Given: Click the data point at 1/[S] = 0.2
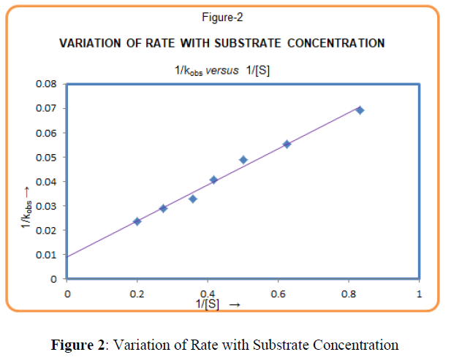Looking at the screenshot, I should [137, 221].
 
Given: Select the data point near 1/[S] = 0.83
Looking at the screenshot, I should [360, 110].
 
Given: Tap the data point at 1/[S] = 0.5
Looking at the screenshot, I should [243, 160].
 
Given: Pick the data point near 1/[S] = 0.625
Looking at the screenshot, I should [287, 144].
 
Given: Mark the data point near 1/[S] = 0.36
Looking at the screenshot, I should [193, 199].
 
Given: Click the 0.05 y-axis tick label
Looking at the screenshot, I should [48, 157].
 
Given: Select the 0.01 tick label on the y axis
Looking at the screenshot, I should [48, 255].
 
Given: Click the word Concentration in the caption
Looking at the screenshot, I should [355, 345].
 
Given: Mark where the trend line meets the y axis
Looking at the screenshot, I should [67, 256].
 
